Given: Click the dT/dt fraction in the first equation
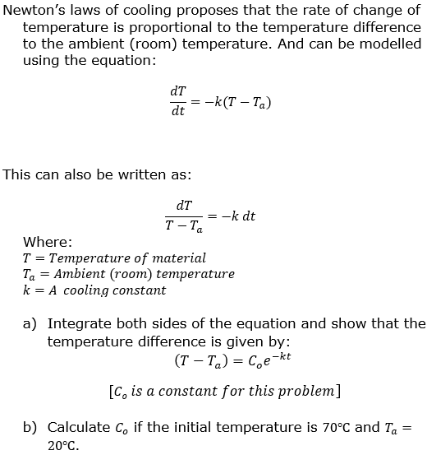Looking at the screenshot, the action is (x=177, y=100).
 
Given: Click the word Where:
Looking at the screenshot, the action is (x=48, y=241).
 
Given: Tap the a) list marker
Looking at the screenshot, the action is (x=30, y=323).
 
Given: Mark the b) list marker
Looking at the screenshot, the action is (x=30, y=427).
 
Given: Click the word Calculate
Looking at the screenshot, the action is (x=78, y=427).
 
